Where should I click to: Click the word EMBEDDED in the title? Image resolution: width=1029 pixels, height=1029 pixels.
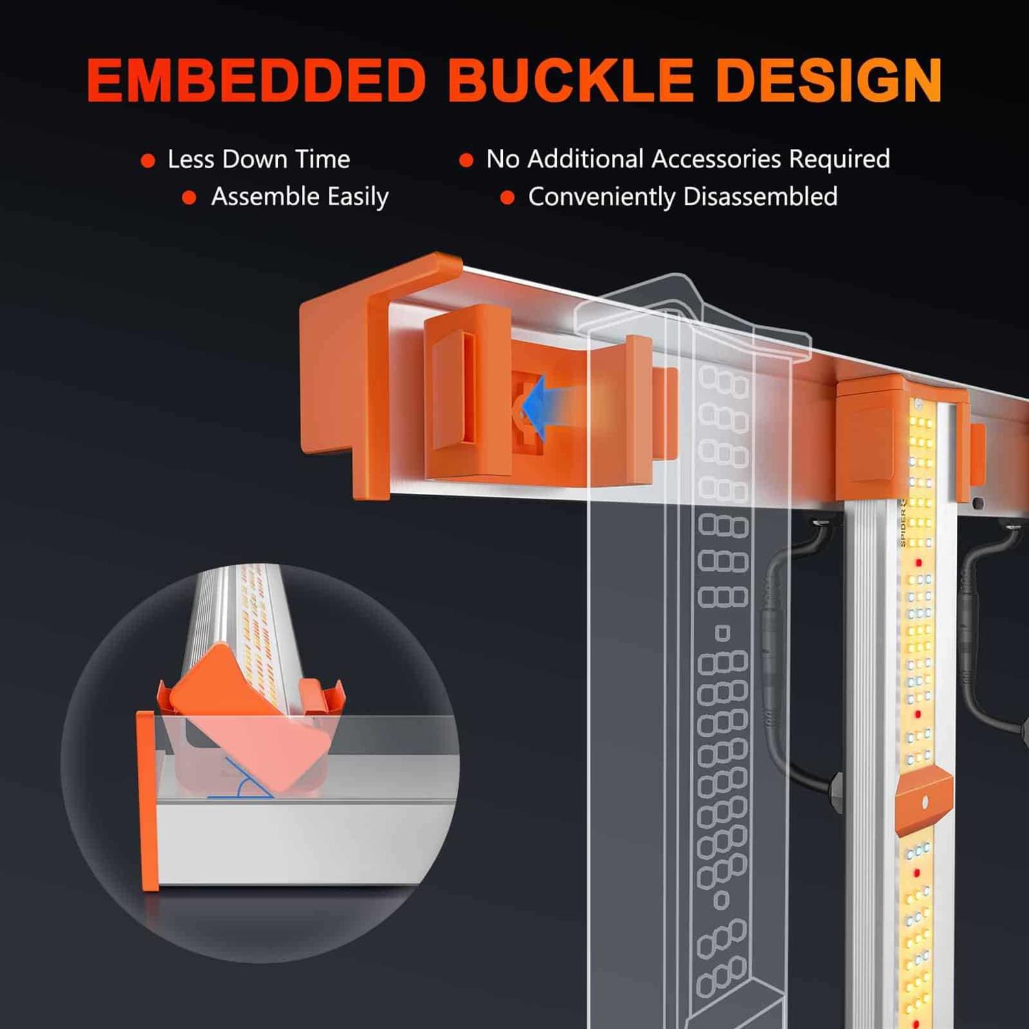(257, 80)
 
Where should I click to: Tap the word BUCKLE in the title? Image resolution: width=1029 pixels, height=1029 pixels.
(571, 80)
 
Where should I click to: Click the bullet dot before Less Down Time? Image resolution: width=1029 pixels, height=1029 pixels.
(147, 161)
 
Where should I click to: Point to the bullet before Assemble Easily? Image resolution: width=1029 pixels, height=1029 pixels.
(189, 198)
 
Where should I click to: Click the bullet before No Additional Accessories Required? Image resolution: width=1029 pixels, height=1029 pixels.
(466, 161)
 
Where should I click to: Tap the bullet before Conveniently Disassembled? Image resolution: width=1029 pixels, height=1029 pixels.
(508, 198)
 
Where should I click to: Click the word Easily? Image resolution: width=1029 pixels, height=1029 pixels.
(358, 197)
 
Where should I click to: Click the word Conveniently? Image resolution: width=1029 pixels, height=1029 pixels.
(602, 197)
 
